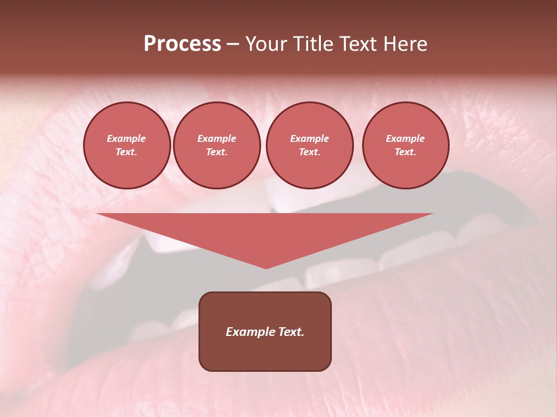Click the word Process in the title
point(182,44)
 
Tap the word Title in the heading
point(311,44)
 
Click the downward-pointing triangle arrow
point(265,232)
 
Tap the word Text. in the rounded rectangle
point(291,332)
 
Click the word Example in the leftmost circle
point(126,138)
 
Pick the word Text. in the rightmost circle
point(406,152)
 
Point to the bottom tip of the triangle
point(266,268)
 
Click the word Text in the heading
point(358,44)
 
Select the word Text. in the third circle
point(310,152)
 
